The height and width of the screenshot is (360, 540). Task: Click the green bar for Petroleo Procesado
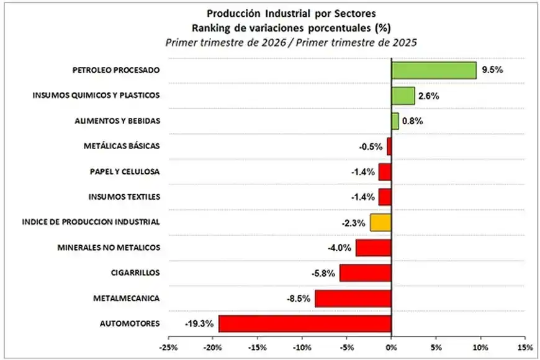tap(434, 70)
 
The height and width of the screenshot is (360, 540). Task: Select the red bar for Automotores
tap(305, 323)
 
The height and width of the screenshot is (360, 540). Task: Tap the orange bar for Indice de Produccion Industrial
tap(380, 222)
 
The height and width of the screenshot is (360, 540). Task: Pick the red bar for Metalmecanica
tap(353, 299)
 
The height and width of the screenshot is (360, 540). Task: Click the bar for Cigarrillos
tap(366, 273)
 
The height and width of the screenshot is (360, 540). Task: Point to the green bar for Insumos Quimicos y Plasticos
tap(403, 96)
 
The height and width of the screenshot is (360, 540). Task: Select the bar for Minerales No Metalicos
tap(374, 248)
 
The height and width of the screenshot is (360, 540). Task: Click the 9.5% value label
tap(492, 70)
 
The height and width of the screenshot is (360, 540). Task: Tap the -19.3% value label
tap(199, 323)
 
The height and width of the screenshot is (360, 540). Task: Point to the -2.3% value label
tap(353, 222)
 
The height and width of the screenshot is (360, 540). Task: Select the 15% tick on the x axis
tap(524, 347)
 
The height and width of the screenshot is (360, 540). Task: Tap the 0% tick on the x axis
tap(391, 347)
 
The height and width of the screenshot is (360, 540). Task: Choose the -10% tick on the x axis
tap(302, 347)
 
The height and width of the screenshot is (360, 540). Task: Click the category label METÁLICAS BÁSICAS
tap(122, 146)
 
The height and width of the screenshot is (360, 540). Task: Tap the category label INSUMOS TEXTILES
tap(124, 197)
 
